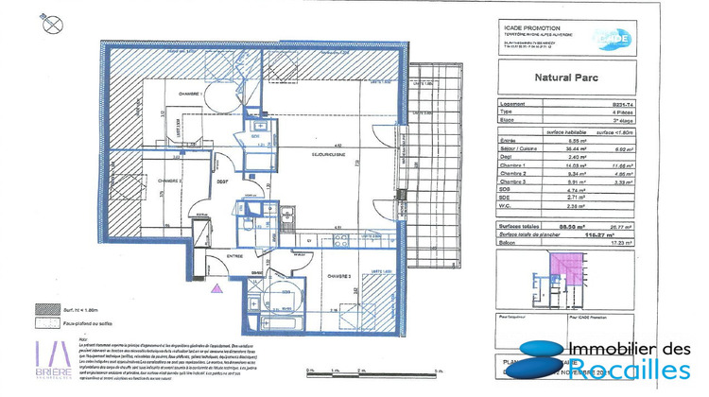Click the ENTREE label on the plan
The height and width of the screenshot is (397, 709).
(233, 255)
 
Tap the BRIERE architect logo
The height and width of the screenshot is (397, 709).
(55, 359)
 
